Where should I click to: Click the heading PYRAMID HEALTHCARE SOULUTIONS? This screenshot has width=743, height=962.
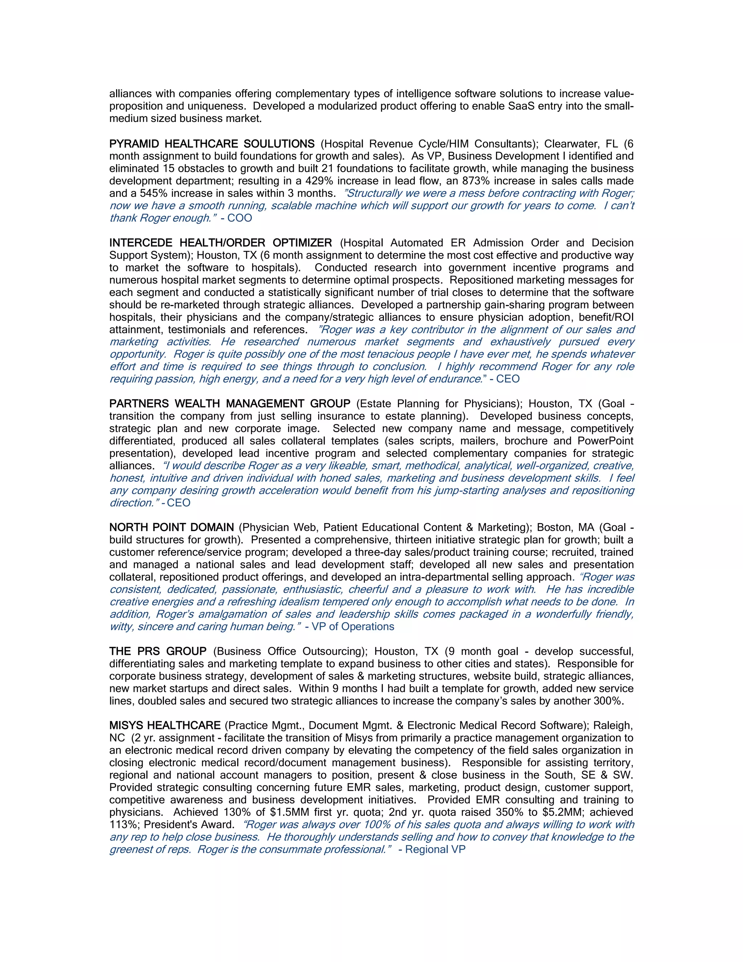coord(212,144)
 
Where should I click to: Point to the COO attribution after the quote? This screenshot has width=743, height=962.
coord(239,218)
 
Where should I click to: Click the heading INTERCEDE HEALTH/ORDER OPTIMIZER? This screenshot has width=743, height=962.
coord(221,243)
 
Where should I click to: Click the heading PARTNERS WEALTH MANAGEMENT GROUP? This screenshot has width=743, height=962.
coord(230,404)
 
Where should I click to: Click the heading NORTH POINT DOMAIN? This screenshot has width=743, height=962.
coord(172,528)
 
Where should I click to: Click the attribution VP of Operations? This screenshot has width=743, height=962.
coord(353,626)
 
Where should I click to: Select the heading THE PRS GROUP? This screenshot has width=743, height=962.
coord(158,652)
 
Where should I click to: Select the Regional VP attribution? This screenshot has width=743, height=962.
coord(435,849)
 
